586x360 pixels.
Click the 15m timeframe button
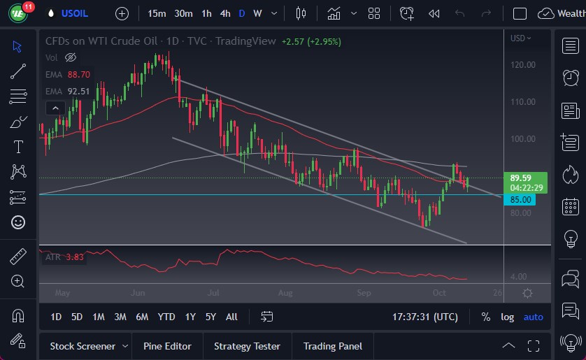point(157,13)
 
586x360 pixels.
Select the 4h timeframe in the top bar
point(224,13)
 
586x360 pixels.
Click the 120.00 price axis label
point(522,65)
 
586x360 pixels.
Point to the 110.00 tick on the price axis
point(522,102)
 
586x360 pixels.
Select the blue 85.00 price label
point(521,200)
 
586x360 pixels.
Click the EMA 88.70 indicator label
point(68,74)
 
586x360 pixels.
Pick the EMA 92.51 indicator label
point(68,91)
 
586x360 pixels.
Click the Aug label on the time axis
point(285,293)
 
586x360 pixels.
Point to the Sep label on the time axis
point(363,293)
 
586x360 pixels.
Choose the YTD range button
point(166,317)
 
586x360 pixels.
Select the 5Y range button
point(210,317)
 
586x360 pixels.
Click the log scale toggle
point(507,317)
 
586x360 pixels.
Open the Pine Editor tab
point(172,346)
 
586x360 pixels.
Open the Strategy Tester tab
point(247,346)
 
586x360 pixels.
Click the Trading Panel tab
point(333,346)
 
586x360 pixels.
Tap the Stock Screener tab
point(83,346)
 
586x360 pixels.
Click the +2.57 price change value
point(293,41)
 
